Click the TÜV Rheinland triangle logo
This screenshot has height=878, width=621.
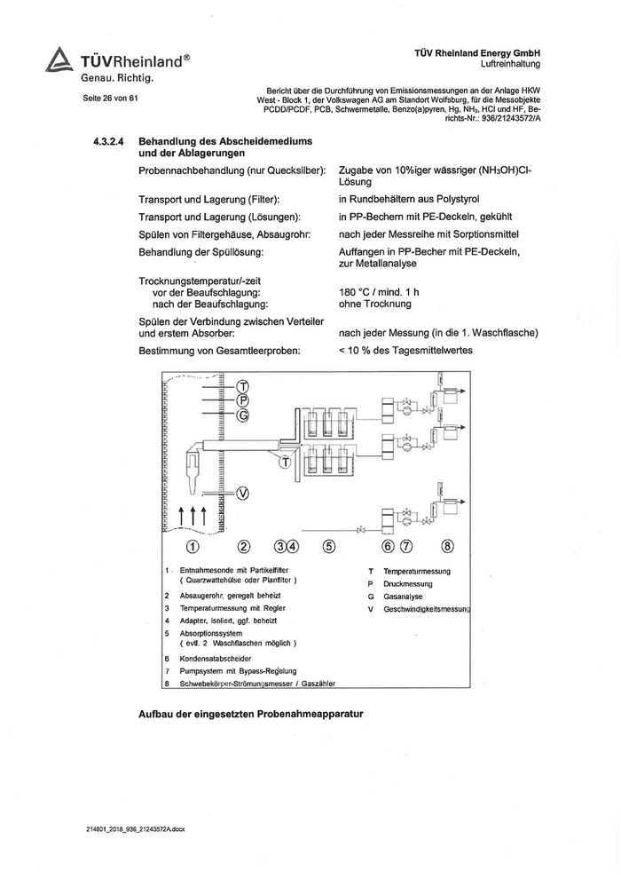(x=59, y=59)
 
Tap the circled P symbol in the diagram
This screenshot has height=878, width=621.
(x=243, y=401)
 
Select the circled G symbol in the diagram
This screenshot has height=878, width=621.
(x=243, y=415)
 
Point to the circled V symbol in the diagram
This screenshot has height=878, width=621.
(x=243, y=494)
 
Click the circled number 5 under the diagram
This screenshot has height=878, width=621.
(x=329, y=546)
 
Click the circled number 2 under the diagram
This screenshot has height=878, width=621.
(x=245, y=546)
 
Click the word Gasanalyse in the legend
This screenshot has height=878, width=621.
(x=403, y=597)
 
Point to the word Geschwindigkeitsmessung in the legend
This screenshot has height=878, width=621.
(x=427, y=609)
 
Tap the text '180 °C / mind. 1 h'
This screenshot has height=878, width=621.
(x=379, y=292)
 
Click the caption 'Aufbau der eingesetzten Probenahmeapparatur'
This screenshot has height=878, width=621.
(x=252, y=714)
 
